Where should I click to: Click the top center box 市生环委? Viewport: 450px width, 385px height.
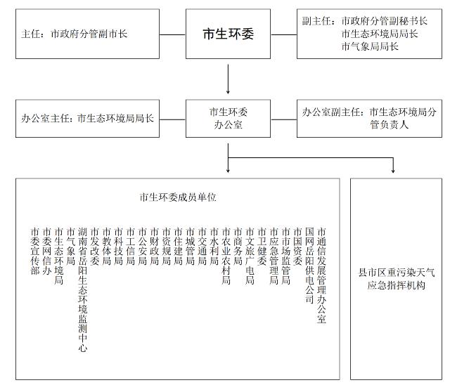(229, 34)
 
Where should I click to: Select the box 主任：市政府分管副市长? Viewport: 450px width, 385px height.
(88, 34)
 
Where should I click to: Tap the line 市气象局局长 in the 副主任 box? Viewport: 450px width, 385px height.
(369, 47)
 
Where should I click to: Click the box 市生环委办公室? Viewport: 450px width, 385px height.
(229, 118)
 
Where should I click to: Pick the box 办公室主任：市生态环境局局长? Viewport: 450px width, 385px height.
(88, 118)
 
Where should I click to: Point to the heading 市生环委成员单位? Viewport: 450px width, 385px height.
(178, 197)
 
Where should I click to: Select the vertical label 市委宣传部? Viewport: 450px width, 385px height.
(35, 251)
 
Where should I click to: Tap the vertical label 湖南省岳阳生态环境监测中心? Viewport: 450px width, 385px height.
(83, 289)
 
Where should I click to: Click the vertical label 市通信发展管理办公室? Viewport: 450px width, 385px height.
(321, 275)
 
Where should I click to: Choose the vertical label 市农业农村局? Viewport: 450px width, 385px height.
(226, 256)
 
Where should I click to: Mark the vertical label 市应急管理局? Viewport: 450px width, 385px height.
(274, 256)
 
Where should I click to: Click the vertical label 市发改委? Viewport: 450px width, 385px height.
(95, 246)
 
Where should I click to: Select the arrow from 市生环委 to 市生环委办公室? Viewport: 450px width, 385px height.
(229, 79)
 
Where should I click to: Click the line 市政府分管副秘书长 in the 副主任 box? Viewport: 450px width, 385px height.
(384, 21)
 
